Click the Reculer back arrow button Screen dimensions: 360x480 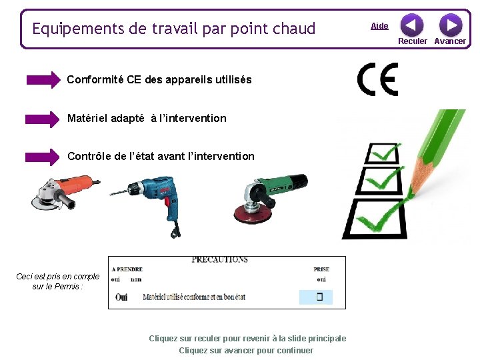(411, 25)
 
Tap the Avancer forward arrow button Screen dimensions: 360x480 (451, 25)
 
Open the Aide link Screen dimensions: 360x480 (379, 26)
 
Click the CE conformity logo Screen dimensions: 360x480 (377, 79)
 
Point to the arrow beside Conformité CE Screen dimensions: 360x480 (43, 80)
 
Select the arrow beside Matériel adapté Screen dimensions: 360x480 (43, 119)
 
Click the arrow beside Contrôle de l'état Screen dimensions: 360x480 (43, 157)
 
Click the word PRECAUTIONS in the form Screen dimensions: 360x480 (219, 259)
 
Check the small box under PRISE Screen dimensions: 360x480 (319, 297)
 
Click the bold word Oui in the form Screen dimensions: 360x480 (121, 297)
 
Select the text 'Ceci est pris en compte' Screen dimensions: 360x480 (58, 276)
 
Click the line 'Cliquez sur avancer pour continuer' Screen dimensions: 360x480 (246, 351)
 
